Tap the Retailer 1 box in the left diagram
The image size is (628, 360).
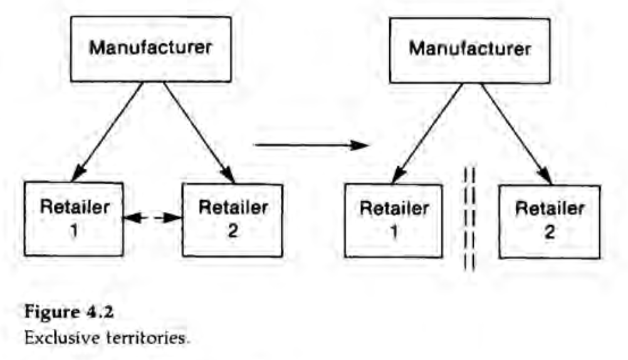click(74, 218)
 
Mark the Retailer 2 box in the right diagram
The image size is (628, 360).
click(549, 221)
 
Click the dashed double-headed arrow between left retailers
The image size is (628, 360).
click(152, 218)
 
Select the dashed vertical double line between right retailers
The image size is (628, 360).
click(469, 218)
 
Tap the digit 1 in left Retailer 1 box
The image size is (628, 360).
click(73, 230)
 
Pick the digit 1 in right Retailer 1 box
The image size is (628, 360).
click(394, 232)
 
